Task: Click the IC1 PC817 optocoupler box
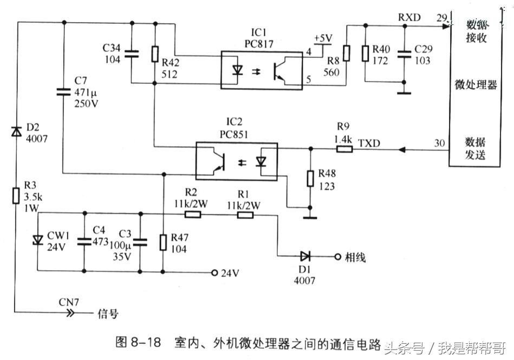(261, 70)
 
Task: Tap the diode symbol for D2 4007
(17, 132)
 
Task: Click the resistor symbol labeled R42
(155, 54)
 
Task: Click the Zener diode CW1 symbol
(37, 239)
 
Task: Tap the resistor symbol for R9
(343, 148)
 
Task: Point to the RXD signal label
(409, 17)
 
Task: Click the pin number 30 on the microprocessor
(440, 143)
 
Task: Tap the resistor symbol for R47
(162, 243)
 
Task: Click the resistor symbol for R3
(17, 195)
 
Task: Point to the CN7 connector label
(69, 302)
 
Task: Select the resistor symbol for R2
(193, 214)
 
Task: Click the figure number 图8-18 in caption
(139, 343)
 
